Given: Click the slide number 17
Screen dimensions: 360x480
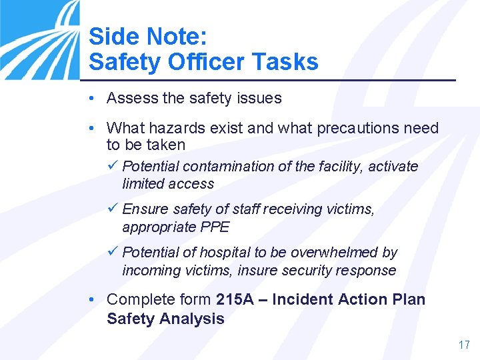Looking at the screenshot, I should click(x=464, y=345).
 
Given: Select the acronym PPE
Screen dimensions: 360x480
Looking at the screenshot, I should click(x=215, y=227).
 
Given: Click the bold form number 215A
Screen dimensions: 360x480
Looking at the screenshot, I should click(x=235, y=299).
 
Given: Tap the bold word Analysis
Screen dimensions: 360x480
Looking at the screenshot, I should click(x=191, y=318).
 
